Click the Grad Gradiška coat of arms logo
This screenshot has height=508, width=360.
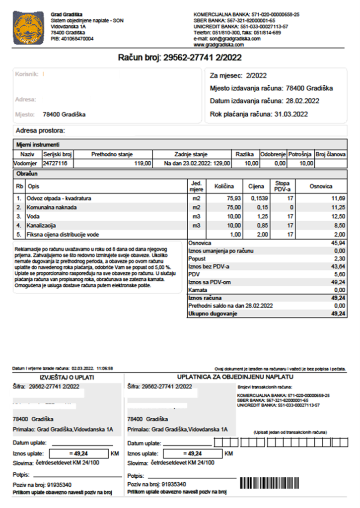pos(29,28)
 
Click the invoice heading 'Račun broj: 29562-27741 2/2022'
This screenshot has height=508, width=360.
pos(180,58)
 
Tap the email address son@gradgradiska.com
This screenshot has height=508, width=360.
pos(235,38)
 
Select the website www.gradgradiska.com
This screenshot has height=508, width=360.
pos(219,44)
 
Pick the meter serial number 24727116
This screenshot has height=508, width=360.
pos(55,163)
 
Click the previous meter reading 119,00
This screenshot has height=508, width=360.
pos(143,163)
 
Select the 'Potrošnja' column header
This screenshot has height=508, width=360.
pos(299,154)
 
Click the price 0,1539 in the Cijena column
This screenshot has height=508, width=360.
pos(256,198)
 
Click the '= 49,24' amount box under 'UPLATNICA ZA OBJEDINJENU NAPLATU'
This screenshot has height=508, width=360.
pos(192,453)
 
